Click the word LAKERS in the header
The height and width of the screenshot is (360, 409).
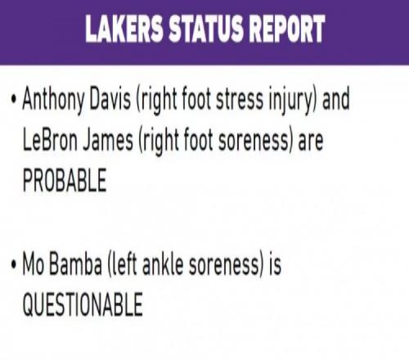point(124,29)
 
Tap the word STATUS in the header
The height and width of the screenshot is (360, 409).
point(205,29)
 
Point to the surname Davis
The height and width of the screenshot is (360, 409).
point(110,98)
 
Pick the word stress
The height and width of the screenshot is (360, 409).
point(240,99)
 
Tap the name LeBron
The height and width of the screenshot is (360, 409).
point(50,140)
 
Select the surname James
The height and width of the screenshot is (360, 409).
point(108,140)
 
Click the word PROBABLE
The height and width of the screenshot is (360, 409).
point(65,180)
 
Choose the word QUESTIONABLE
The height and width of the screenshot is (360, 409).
point(83,304)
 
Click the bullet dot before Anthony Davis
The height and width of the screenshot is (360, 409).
point(14,99)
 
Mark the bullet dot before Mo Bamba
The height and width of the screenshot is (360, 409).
point(14,264)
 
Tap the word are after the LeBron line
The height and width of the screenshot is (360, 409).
point(311,142)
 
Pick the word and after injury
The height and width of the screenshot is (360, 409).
point(335,99)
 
